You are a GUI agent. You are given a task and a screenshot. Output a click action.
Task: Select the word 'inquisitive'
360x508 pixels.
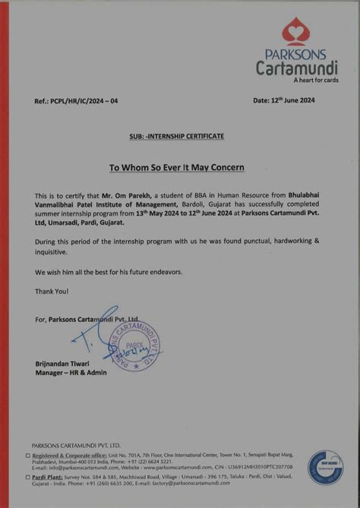click(x=51, y=251)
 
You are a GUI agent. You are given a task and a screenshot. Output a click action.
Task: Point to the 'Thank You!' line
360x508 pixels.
click(x=52, y=291)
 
